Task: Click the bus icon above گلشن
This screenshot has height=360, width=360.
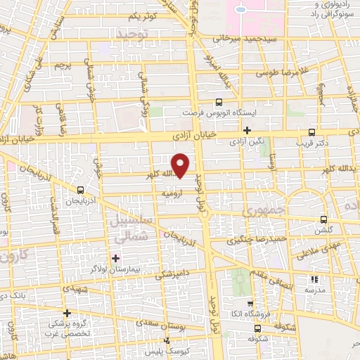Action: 323,219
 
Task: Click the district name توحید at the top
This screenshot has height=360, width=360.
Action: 133,33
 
